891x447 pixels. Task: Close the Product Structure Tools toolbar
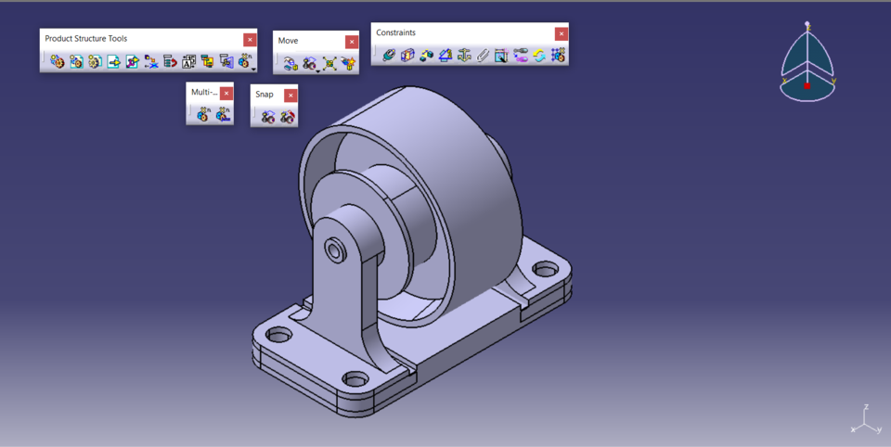pyautogui.click(x=250, y=39)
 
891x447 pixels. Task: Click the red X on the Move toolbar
pyautogui.click(x=352, y=42)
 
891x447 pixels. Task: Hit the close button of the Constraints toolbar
pyautogui.click(x=561, y=33)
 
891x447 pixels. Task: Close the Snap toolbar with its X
pyautogui.click(x=291, y=95)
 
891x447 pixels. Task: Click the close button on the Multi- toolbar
pyautogui.click(x=226, y=94)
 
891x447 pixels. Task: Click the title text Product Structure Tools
pyautogui.click(x=86, y=39)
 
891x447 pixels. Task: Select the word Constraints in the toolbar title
pyautogui.click(x=396, y=33)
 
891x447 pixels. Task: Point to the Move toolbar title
pyautogui.click(x=289, y=41)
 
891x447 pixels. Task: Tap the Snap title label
pyautogui.click(x=265, y=95)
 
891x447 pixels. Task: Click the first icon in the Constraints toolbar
pyautogui.click(x=389, y=56)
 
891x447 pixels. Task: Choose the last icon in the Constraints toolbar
pyautogui.click(x=558, y=56)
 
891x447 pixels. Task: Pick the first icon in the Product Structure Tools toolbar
pyautogui.click(x=58, y=62)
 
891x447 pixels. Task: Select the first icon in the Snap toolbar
pyautogui.click(x=268, y=117)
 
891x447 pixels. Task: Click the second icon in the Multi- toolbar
pyautogui.click(x=223, y=115)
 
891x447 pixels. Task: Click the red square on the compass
pyautogui.click(x=807, y=85)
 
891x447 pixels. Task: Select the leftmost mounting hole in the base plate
pyautogui.click(x=278, y=334)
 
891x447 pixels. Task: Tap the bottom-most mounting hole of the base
pyautogui.click(x=355, y=378)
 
